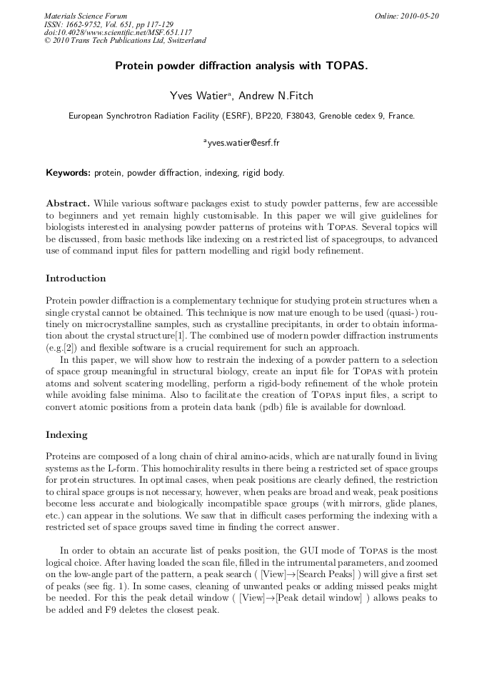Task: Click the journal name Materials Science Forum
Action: (x=86, y=16)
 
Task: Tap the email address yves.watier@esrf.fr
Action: (x=243, y=142)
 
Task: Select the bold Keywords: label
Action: (x=68, y=173)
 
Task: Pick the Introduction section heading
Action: (x=76, y=279)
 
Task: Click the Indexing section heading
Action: (x=66, y=434)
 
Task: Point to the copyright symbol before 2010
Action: (x=47, y=41)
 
